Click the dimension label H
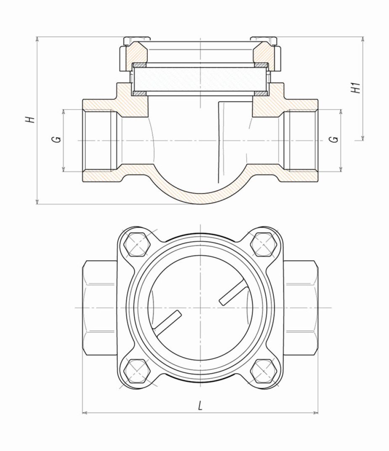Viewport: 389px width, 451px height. [30, 119]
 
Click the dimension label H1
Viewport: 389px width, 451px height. [357, 88]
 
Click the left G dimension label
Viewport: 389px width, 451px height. [58, 139]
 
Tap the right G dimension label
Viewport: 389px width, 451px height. [334, 139]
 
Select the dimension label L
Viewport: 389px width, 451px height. [201, 406]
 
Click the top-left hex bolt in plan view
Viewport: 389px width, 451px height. [137, 244]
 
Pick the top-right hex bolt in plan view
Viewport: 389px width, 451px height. [263, 244]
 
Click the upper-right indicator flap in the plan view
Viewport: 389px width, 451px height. [231, 293]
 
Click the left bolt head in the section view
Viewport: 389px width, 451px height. [137, 41]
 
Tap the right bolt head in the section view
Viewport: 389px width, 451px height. [264, 41]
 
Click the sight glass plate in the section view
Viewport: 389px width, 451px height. [201, 80]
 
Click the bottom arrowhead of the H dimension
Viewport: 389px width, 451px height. [37, 202]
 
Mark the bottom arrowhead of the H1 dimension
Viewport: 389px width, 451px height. [363, 138]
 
